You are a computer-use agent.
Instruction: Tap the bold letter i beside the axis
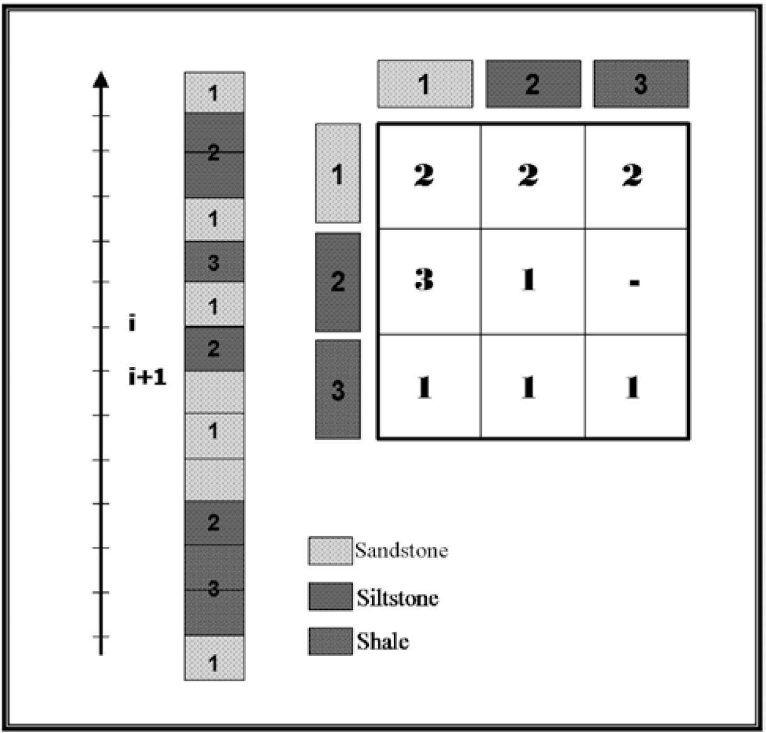[132, 324]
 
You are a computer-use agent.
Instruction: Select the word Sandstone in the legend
[401, 551]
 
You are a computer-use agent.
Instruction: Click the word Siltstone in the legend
[397, 597]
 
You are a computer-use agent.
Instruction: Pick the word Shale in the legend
[383, 642]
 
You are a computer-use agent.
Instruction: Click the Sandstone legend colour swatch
[330, 551]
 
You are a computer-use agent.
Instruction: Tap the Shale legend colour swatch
[330, 641]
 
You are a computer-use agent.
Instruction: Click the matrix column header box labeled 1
[425, 84]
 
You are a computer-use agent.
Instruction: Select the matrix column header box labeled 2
[533, 84]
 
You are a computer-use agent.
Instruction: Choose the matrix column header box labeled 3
[641, 84]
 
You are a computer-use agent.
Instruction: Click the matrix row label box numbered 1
[338, 173]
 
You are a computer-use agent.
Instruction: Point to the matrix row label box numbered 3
[338, 389]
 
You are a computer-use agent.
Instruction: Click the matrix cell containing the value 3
[429, 281]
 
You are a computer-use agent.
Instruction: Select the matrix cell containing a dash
[636, 281]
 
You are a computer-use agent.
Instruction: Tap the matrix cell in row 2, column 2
[533, 281]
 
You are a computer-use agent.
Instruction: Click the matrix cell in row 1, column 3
[636, 176]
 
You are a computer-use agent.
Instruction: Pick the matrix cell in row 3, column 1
[429, 387]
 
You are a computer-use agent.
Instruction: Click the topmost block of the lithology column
[214, 93]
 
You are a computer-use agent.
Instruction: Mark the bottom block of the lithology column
[214, 658]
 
